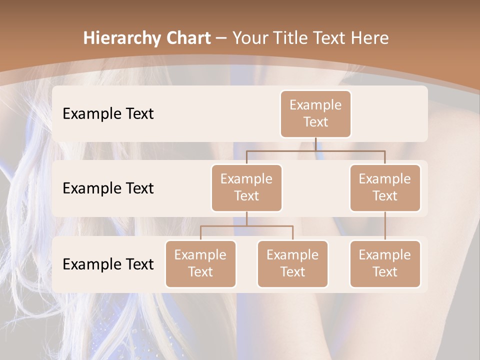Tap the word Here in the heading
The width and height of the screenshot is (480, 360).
(x=370, y=38)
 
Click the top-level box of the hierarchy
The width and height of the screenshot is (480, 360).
(x=315, y=113)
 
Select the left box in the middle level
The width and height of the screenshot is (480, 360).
(x=246, y=187)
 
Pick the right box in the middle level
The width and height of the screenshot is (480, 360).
(x=385, y=187)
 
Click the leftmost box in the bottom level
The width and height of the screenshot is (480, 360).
(x=200, y=263)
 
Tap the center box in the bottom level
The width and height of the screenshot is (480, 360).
(x=292, y=263)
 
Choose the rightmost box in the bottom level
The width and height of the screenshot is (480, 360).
(x=385, y=263)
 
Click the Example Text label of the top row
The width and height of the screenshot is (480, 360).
(x=108, y=113)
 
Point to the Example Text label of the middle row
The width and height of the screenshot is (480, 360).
(x=108, y=188)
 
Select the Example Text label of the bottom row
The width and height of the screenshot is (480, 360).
(x=108, y=264)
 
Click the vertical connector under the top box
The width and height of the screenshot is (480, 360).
(x=315, y=144)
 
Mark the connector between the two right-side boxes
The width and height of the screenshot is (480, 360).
(x=385, y=226)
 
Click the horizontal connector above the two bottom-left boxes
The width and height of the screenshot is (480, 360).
(x=246, y=226)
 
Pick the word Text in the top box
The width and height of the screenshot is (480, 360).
(x=315, y=122)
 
